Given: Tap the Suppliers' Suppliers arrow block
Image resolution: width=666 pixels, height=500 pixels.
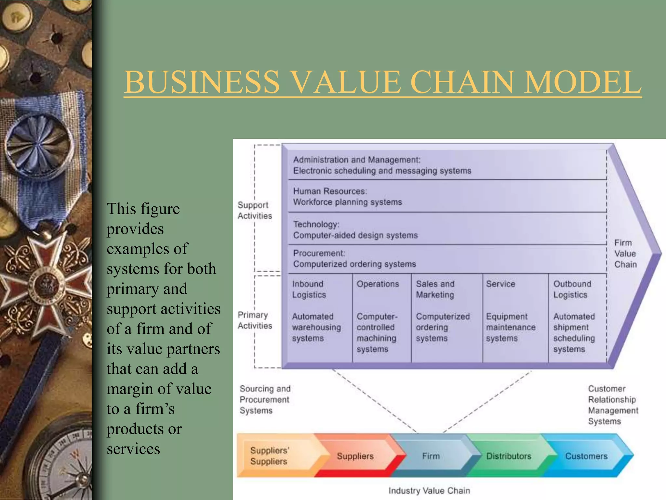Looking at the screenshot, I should click(269, 456).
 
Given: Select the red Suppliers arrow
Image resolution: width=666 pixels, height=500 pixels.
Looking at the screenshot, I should click(355, 456).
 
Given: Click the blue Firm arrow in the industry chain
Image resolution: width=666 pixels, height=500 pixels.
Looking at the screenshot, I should click(431, 456).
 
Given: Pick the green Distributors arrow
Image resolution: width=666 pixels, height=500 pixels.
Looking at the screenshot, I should click(509, 456).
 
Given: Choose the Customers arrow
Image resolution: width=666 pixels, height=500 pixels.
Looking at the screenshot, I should click(586, 456).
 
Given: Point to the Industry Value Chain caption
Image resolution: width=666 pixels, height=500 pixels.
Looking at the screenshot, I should click(429, 491).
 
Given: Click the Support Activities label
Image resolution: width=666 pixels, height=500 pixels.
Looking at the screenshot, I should click(255, 210).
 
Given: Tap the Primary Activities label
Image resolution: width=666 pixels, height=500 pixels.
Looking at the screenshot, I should click(255, 320).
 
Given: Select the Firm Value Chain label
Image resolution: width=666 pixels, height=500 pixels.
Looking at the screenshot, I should click(625, 254).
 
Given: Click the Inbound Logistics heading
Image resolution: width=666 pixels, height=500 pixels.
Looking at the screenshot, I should click(309, 289).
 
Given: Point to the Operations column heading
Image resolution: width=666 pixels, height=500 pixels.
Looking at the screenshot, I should click(378, 284).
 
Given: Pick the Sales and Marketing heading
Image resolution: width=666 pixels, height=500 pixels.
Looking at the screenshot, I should click(435, 289).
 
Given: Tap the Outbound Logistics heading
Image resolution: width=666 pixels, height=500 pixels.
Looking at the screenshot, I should click(572, 289).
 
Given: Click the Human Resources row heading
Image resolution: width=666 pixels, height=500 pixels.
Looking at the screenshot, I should click(330, 191).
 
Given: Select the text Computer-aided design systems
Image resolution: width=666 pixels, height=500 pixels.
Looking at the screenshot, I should click(355, 235).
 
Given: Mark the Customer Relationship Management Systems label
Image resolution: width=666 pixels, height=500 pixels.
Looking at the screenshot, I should click(613, 405).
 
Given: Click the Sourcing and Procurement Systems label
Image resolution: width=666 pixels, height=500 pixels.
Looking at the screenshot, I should click(265, 399).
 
